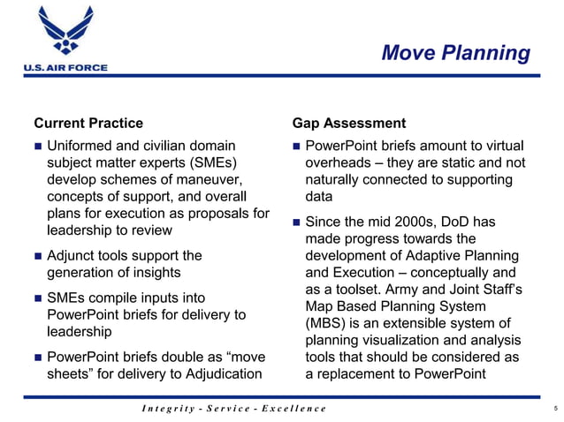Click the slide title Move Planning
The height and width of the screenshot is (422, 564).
pyautogui.click(x=455, y=53)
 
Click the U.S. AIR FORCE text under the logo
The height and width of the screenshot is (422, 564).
pyautogui.click(x=59, y=67)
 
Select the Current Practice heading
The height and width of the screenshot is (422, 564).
pyautogui.click(x=88, y=123)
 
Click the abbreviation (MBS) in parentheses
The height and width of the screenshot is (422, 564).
pyautogui.click(x=324, y=323)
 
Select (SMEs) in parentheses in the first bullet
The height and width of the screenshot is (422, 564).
pyautogui.click(x=210, y=162)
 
